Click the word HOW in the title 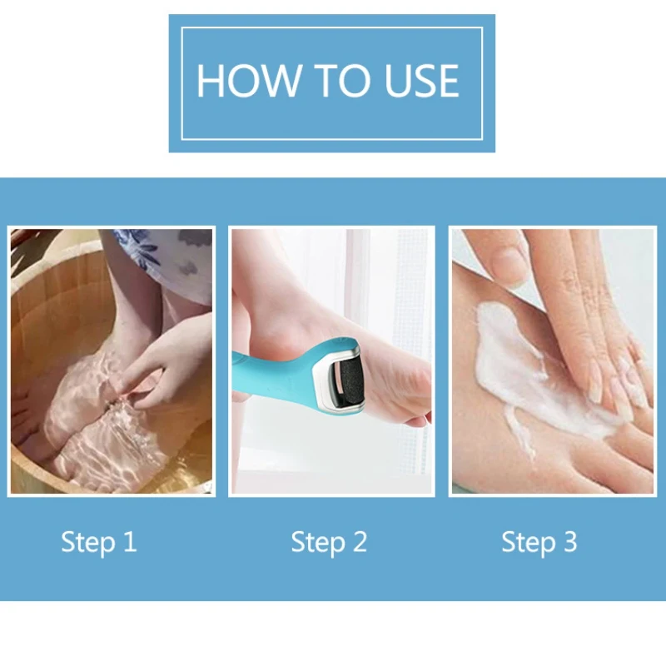coord(247,81)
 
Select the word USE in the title coord(421,81)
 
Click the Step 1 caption coord(99,543)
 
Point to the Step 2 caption coord(329,543)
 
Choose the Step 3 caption coord(539,543)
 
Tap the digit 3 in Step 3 coord(570,542)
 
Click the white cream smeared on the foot coord(531,374)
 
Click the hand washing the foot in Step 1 coord(166,361)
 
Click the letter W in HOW coord(277,81)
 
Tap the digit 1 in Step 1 coord(130,542)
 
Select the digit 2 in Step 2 coord(360,542)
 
